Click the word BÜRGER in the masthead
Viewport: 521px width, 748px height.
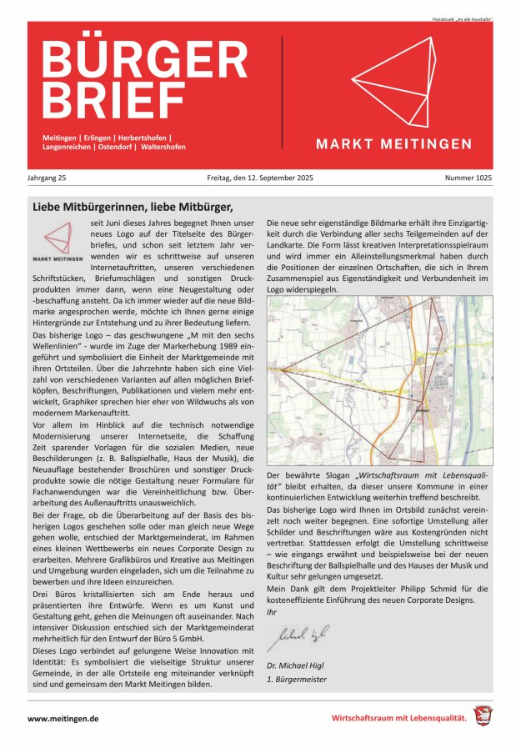[138, 59]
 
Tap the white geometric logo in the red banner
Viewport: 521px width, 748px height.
[392, 83]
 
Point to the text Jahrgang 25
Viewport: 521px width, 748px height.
[48, 179]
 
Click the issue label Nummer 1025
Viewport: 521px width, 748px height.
[470, 179]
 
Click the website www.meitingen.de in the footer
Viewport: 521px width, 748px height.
[63, 717]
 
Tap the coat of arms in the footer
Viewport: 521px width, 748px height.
[483, 715]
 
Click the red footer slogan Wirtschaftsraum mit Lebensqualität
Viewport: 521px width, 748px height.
[398, 717]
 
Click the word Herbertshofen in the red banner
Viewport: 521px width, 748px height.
[141, 137]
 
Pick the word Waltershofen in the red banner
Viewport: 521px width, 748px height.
[163, 147]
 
